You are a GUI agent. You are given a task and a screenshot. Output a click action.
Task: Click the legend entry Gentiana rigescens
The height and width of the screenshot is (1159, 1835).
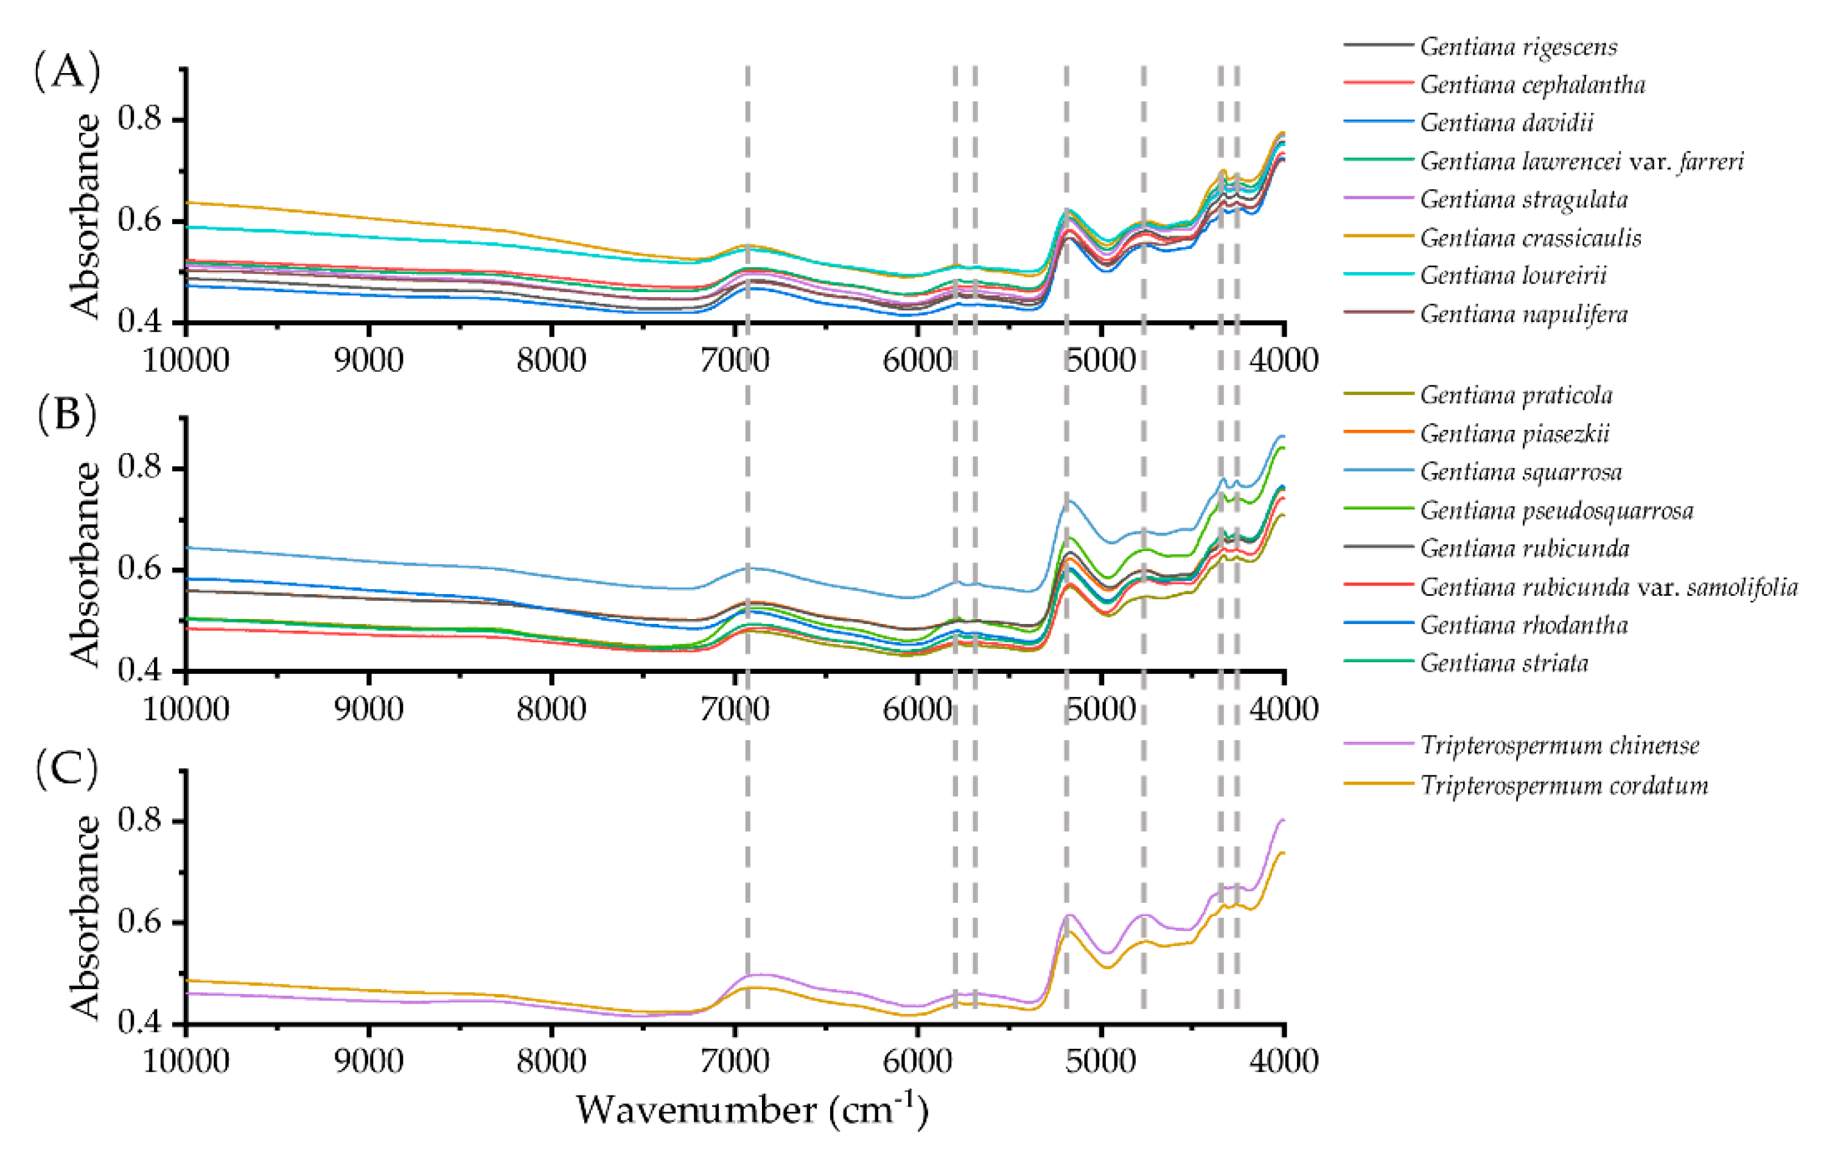click(x=1518, y=46)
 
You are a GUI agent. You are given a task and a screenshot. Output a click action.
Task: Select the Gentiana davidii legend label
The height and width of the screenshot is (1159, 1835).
click(x=1506, y=123)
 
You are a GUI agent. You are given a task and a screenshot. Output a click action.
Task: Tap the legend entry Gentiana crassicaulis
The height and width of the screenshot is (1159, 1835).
click(x=1530, y=238)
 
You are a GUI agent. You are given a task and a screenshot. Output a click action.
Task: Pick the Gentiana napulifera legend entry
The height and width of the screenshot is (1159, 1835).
click(x=1523, y=314)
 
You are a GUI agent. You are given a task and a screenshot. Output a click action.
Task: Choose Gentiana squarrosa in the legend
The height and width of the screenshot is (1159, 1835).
click(x=1521, y=472)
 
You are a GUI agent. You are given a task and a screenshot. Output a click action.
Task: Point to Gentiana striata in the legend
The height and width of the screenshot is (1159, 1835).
click(x=1505, y=663)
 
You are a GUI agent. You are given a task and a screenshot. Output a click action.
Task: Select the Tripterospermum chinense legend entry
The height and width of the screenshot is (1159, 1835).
click(x=1559, y=745)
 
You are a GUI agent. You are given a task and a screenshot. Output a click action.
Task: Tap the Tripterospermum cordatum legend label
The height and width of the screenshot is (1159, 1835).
click(x=1564, y=785)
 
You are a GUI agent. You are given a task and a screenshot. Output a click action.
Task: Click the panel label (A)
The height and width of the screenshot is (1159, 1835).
click(x=67, y=73)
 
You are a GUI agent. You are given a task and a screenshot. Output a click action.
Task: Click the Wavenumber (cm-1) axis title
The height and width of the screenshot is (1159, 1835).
click(x=752, y=1110)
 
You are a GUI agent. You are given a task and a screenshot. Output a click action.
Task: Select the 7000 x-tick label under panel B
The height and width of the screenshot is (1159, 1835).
click(x=735, y=709)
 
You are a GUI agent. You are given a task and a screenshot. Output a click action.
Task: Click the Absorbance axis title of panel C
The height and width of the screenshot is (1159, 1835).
click(x=85, y=917)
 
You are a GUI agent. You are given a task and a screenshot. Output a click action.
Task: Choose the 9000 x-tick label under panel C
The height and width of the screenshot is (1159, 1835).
click(x=369, y=1061)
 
